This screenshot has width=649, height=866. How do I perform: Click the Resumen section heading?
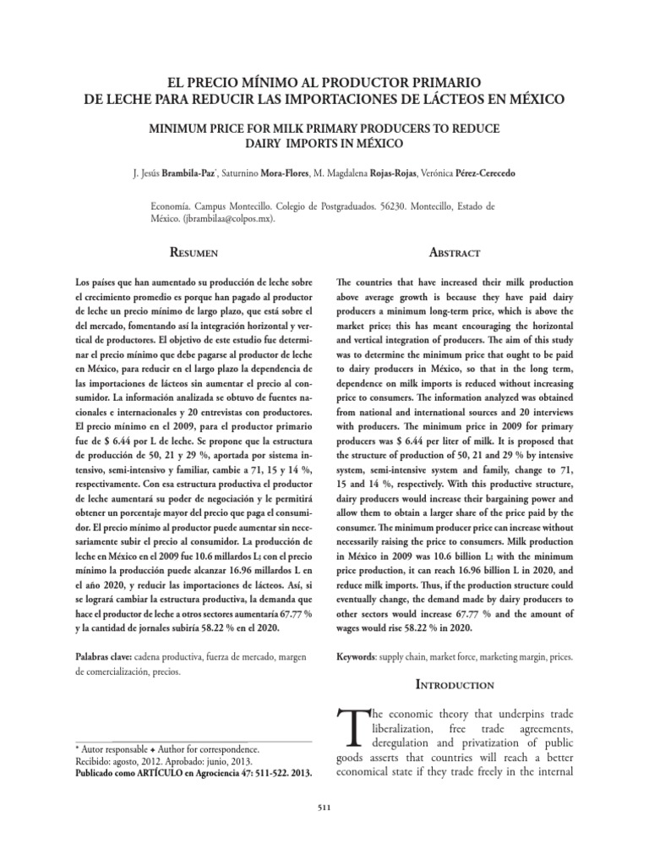196,253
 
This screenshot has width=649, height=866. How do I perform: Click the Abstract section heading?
454,253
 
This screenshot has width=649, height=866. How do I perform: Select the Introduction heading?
454,683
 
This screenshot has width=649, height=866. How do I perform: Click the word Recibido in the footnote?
95,761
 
